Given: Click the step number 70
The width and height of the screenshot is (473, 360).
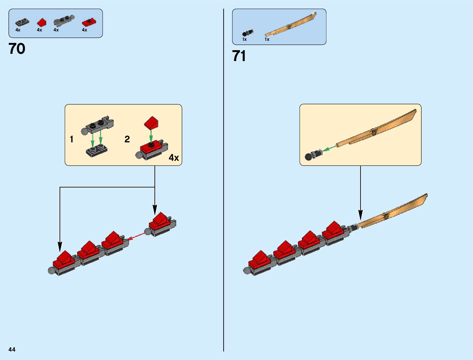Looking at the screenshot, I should point(17,49).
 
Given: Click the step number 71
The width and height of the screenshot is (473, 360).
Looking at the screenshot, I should point(239,56).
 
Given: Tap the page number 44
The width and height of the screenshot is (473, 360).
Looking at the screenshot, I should point(12,349).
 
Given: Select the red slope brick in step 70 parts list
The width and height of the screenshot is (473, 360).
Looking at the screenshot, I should point(42,22).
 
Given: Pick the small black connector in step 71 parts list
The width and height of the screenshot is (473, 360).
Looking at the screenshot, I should point(248,33).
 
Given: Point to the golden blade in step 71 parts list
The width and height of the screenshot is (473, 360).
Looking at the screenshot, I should point(290,26).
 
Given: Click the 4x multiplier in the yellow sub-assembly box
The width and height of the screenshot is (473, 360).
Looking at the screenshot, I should point(174,157).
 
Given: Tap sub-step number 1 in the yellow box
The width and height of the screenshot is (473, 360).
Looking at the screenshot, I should point(72,139).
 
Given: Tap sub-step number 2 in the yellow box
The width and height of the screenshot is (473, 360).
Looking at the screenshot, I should point(127,139).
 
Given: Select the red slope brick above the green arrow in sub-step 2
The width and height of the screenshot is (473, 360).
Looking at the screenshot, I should point(151,122).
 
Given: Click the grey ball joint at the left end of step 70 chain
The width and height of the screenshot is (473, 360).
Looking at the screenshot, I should point(51,271).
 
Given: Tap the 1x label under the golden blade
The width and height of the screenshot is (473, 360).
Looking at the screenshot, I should point(267,39).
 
